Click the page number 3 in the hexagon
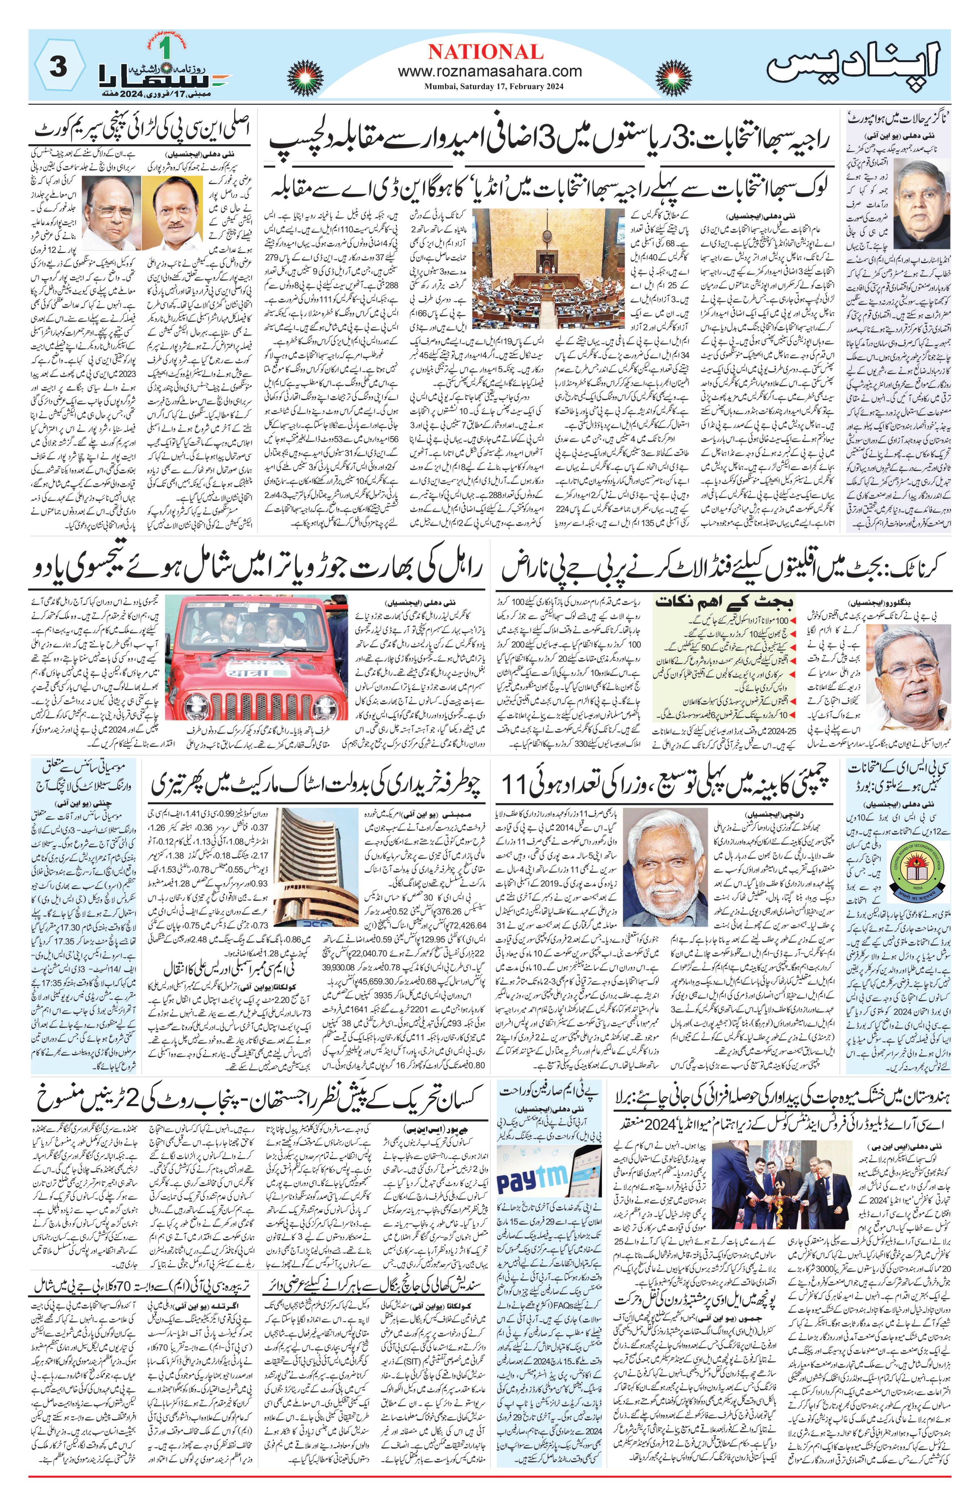[x=57, y=68]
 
